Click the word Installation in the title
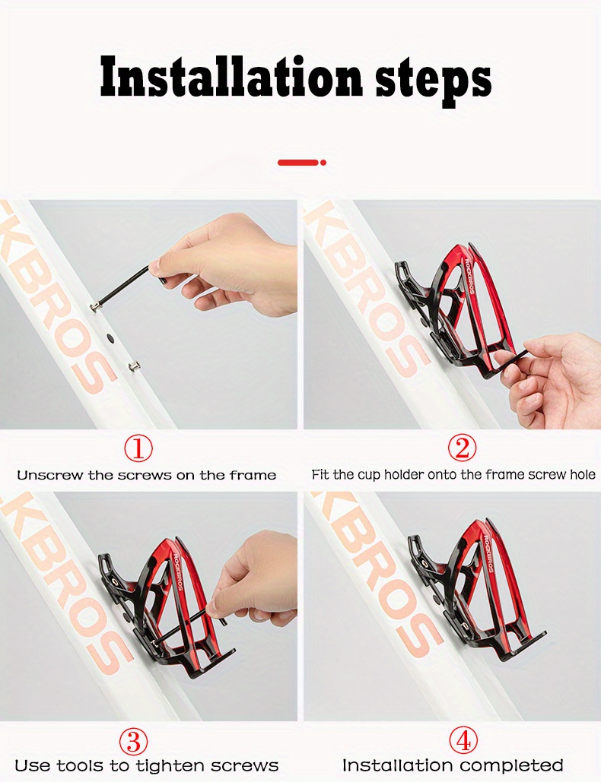point(231,78)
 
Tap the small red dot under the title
point(323,163)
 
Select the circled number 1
point(138,448)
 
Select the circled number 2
point(463,448)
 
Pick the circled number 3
point(133,742)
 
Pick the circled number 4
point(463,741)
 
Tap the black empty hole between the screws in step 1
point(110,339)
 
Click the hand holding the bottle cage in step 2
point(554,379)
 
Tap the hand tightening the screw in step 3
point(252,581)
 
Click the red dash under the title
point(298,163)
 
